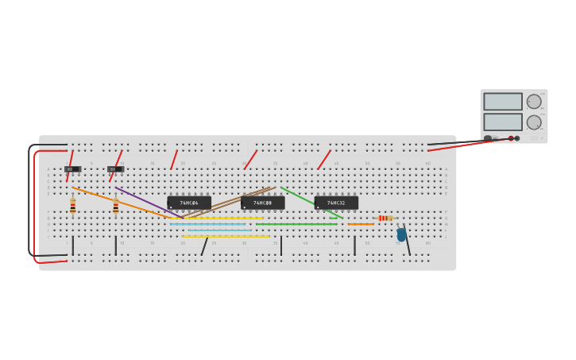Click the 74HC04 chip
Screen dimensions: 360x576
click(x=189, y=203)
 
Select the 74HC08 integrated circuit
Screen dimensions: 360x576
click(x=263, y=203)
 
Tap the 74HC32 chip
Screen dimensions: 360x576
click(x=336, y=203)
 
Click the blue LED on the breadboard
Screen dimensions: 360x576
click(x=401, y=234)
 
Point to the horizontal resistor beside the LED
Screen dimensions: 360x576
click(x=385, y=218)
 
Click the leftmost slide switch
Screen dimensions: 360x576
click(x=72, y=168)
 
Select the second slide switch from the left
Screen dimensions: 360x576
click(x=115, y=168)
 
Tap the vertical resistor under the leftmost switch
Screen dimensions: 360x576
click(x=73, y=206)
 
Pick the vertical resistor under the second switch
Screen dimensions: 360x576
click(x=116, y=206)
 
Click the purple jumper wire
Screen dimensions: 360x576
click(x=147, y=202)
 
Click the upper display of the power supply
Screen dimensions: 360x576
click(x=503, y=102)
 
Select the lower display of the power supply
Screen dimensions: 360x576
click(x=503, y=122)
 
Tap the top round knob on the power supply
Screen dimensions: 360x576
click(x=534, y=102)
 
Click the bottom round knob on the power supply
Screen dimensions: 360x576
click(x=534, y=122)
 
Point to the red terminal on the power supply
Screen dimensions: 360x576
click(x=511, y=138)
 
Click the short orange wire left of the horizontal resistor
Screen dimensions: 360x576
click(x=361, y=224)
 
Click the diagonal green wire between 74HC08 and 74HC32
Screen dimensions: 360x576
click(x=310, y=202)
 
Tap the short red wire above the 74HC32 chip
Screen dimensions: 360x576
click(x=324, y=159)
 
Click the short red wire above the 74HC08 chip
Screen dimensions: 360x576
click(x=250, y=159)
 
